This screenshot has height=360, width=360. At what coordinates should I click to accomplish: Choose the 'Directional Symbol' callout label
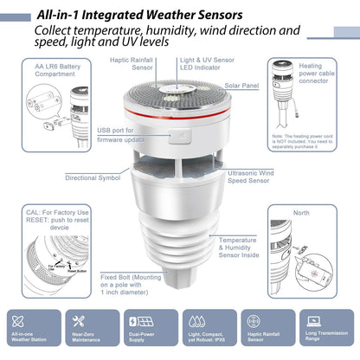(93, 177)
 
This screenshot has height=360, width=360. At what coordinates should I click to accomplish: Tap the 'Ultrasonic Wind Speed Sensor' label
(253, 177)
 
